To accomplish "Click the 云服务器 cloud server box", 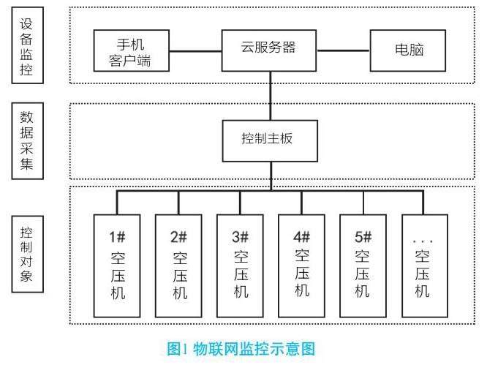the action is [x=269, y=50].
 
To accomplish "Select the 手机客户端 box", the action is [x=132, y=50].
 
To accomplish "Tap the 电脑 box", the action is [x=408, y=50].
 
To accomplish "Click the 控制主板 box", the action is [x=270, y=140].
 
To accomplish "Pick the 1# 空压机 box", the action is [x=117, y=266].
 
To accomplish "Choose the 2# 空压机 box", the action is [x=178, y=266].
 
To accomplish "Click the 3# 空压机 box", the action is [x=240, y=266].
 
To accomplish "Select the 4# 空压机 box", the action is [x=301, y=266].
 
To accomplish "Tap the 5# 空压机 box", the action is [x=363, y=266].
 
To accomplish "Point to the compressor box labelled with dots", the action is [x=425, y=266].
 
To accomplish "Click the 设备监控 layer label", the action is [x=27, y=45].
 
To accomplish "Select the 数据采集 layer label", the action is [x=27, y=141].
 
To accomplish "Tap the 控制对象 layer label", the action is [x=27, y=254].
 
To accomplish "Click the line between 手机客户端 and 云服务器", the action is [x=195, y=51].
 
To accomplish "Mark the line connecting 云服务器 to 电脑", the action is [x=343, y=50].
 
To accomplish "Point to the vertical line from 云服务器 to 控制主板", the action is [x=271, y=96].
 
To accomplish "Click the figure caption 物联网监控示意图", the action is [x=254, y=348].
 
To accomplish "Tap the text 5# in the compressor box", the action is [x=363, y=237].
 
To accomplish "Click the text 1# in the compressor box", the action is [x=117, y=237].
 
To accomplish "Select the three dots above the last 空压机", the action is [x=423, y=241].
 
